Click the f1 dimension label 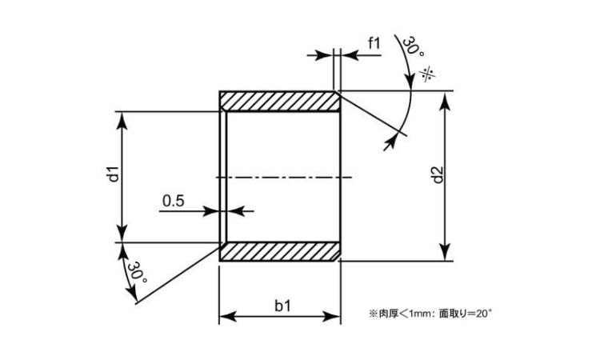(x=374, y=43)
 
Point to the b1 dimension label (x=282, y=306)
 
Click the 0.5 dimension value (x=173, y=201)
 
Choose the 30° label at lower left (x=137, y=272)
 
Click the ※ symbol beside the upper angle (x=428, y=74)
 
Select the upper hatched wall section (x=280, y=102)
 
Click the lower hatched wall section (x=280, y=252)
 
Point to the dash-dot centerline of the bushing (x=284, y=177)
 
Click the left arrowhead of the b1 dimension (x=227, y=316)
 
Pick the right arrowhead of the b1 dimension (x=332, y=316)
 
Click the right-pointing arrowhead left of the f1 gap (x=324, y=55)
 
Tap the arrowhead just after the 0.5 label (x=212, y=211)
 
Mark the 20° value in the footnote (x=483, y=314)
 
